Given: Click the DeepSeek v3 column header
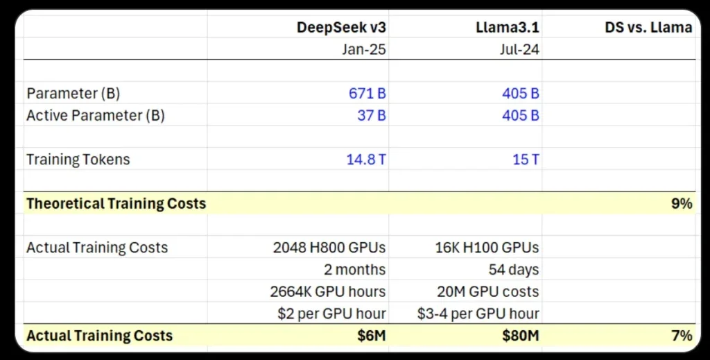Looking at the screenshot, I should click(341, 28).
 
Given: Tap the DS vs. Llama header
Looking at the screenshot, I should click(648, 28).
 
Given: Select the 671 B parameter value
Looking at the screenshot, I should click(367, 94).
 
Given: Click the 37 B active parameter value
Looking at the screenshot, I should click(372, 115).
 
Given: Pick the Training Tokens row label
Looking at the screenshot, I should click(78, 160).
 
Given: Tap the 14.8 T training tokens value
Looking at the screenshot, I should click(366, 160).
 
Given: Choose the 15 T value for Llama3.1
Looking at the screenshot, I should click(526, 160).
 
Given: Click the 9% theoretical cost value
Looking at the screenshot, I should click(682, 204).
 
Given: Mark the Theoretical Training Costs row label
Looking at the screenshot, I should click(116, 204).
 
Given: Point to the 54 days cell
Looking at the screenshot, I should click(514, 269).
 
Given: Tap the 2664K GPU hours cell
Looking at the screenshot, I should click(328, 291).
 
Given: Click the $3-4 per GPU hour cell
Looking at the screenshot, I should click(479, 314).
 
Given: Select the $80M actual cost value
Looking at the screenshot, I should click(521, 336).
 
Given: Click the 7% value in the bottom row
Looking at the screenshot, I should click(682, 336).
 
